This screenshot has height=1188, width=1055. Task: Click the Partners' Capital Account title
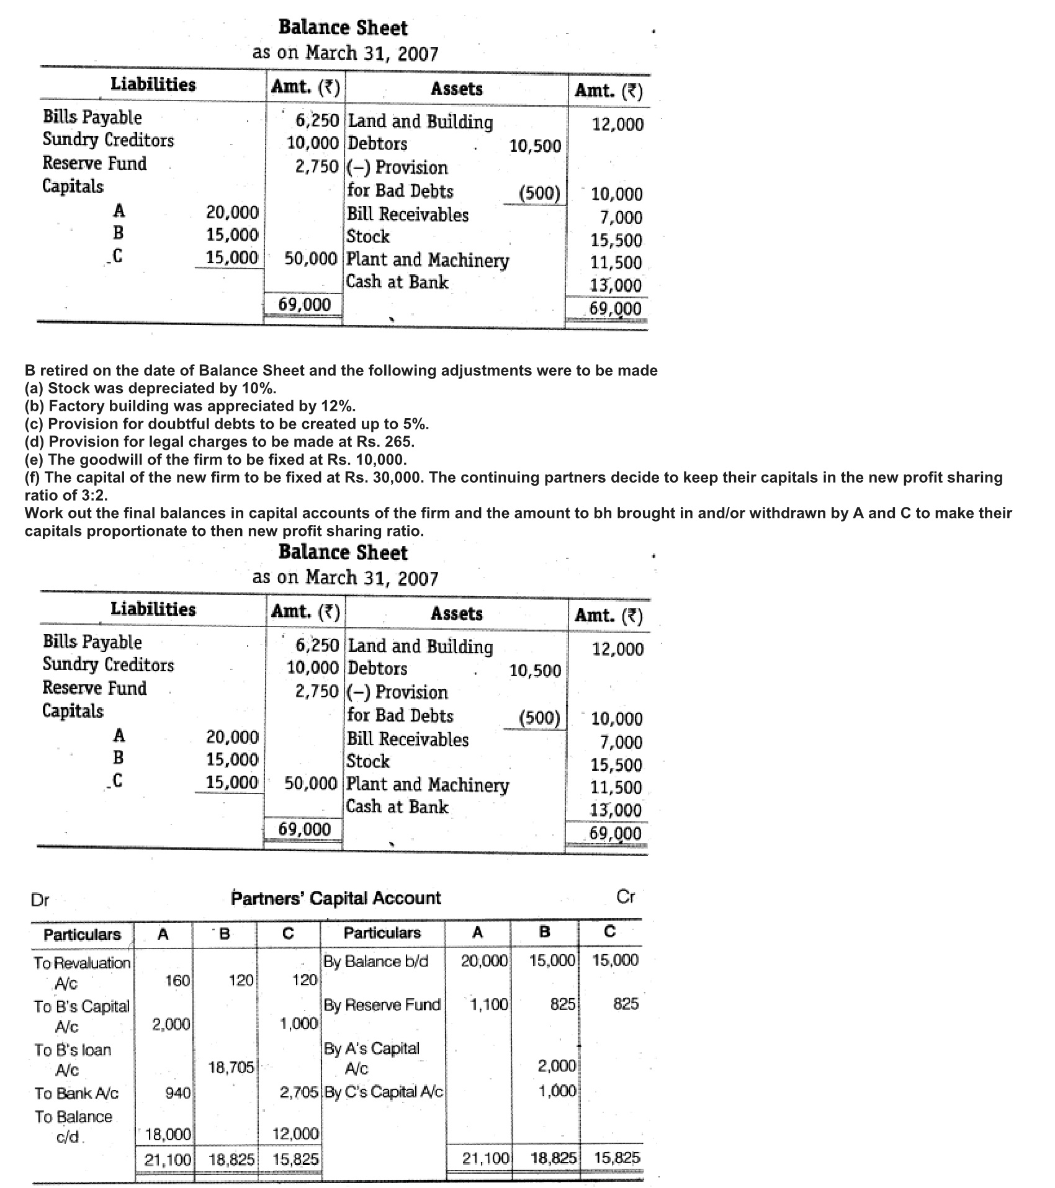pyautogui.click(x=336, y=898)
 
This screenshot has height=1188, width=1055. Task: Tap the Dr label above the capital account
pyautogui.click(x=40, y=900)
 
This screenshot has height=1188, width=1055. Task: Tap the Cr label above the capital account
pyautogui.click(x=626, y=896)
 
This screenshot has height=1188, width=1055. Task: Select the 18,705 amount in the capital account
pyautogui.click(x=231, y=1067)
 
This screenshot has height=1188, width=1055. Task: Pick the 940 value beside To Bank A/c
pyautogui.click(x=178, y=1093)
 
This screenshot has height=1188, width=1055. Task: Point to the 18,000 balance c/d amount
pyautogui.click(x=168, y=1135)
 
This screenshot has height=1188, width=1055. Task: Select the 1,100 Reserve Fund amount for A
pyautogui.click(x=489, y=1004)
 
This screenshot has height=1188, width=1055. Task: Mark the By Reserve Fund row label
pyautogui.click(x=382, y=1004)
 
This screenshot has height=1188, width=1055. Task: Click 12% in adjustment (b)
pyautogui.click(x=339, y=406)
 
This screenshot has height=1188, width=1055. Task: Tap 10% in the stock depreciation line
pyautogui.click(x=259, y=388)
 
